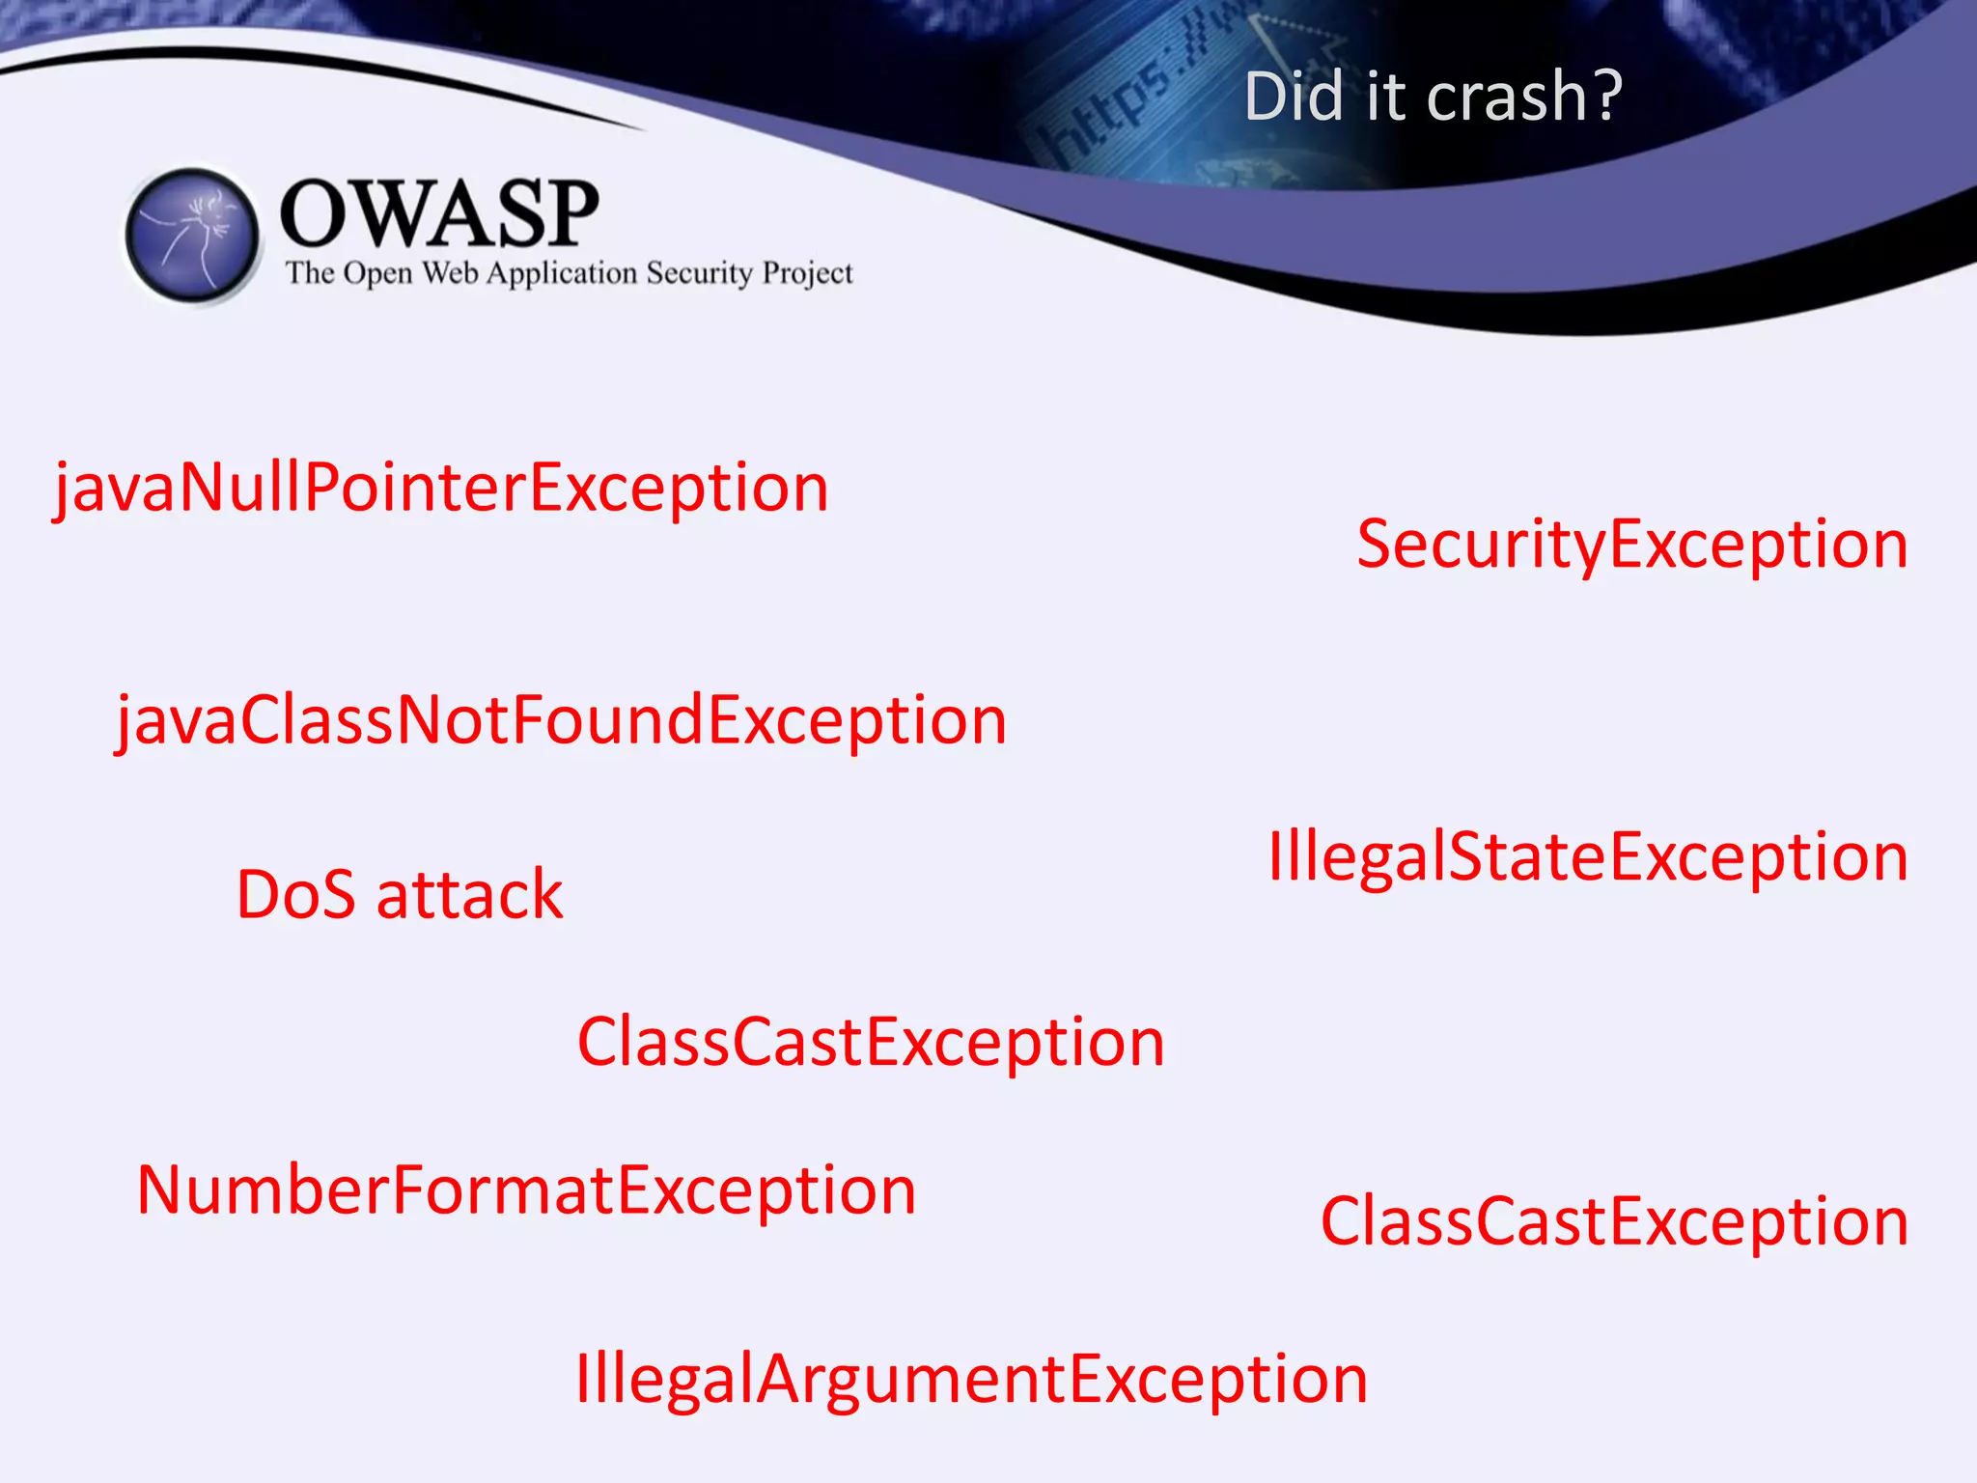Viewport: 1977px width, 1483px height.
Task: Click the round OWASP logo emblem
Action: point(193,236)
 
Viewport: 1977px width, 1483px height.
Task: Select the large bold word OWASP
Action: point(439,214)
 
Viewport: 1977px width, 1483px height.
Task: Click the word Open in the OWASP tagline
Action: point(377,275)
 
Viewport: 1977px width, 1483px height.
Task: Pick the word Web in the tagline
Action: point(450,273)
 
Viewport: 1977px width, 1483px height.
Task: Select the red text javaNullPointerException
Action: point(441,488)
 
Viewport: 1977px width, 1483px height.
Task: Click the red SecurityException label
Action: point(1632,545)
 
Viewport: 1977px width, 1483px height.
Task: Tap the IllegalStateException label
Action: point(1588,857)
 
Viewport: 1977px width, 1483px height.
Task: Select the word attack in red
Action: point(469,895)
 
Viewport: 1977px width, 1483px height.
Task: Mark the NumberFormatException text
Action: point(526,1190)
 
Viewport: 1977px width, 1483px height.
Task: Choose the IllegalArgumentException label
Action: point(971,1380)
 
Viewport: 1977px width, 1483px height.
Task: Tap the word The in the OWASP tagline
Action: point(309,273)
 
